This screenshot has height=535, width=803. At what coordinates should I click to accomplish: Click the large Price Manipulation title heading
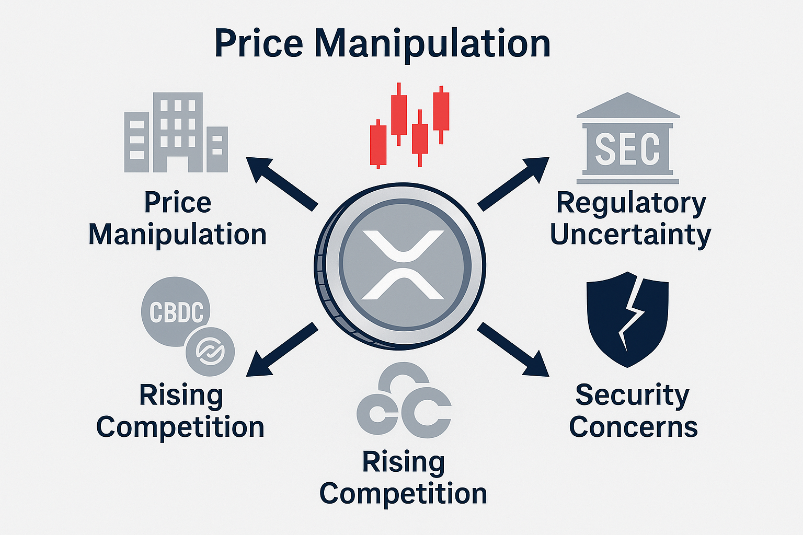(x=382, y=44)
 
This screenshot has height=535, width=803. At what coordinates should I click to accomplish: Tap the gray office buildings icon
(x=176, y=133)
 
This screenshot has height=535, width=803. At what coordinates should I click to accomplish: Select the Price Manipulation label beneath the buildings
(x=178, y=218)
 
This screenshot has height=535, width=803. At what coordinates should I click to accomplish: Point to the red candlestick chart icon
(x=409, y=125)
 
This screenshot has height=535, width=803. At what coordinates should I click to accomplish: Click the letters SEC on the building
(x=627, y=149)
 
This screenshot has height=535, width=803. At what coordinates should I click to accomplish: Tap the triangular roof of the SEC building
(x=628, y=106)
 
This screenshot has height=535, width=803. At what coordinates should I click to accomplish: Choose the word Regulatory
(x=631, y=203)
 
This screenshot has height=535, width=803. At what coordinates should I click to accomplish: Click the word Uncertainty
(x=630, y=235)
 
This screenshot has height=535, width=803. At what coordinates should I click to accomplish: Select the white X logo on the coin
(x=403, y=265)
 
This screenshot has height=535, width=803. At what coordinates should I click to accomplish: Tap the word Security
(x=632, y=396)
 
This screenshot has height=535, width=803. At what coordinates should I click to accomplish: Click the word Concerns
(x=633, y=427)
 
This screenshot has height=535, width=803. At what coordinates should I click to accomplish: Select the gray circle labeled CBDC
(x=176, y=312)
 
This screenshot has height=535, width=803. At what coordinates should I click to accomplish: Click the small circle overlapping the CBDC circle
(x=210, y=351)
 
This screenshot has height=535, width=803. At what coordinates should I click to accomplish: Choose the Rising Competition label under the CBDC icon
(x=180, y=411)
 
